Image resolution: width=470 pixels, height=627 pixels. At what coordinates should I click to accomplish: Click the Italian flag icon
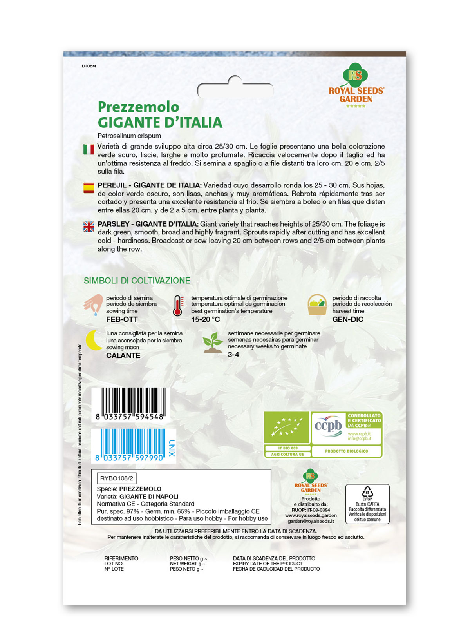pos(89,149)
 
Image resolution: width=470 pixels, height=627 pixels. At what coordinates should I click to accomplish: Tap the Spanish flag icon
pos(89,188)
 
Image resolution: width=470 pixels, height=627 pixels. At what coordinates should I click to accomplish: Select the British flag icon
pos(89,227)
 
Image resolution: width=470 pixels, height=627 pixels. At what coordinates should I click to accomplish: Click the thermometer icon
pos(177,306)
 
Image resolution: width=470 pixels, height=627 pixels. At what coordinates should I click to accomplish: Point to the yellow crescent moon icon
pos(94,340)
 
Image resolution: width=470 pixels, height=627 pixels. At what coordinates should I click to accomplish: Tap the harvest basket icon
pos(317,305)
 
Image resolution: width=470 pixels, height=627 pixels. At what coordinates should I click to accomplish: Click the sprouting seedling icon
pos(213,342)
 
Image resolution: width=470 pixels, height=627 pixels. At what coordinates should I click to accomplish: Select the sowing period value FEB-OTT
pos(122,319)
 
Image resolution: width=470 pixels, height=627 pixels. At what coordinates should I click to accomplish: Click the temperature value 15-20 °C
pos(206,319)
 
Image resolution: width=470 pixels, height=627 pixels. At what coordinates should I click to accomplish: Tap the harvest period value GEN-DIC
pos(348,319)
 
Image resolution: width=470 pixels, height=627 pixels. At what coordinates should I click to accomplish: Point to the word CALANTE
pos(123,355)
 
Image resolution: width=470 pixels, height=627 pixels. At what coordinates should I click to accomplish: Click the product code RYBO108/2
pos(117,478)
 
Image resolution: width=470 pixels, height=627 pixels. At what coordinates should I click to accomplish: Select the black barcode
pos(133,404)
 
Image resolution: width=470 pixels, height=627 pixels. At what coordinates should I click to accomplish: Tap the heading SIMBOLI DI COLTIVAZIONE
pos(137,281)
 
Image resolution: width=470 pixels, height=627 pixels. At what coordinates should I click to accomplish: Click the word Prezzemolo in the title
pos(138,107)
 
